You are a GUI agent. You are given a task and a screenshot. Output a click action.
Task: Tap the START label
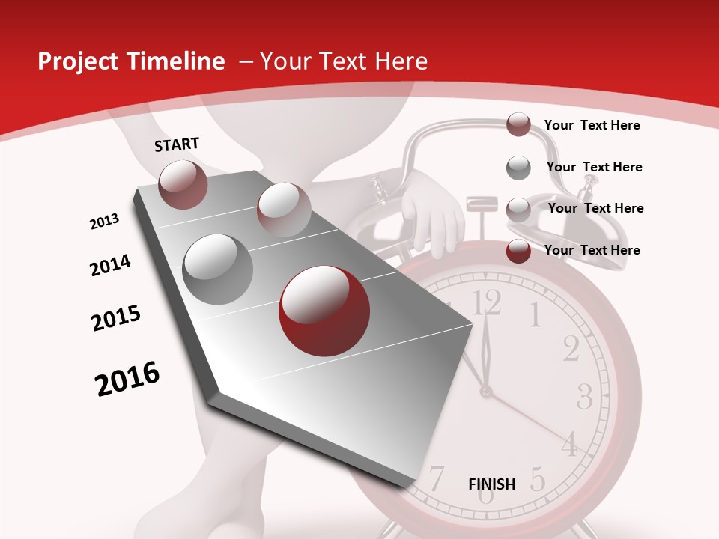coord(177,144)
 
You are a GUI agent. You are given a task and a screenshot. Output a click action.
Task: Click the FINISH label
coord(492,484)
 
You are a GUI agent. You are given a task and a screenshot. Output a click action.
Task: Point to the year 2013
coord(104,222)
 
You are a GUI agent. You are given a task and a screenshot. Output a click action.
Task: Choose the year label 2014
coord(110,266)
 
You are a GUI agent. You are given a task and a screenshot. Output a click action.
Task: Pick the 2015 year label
coord(116,318)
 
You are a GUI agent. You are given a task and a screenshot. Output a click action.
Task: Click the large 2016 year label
coord(127,379)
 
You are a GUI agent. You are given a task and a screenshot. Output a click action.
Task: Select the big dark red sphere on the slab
coord(324,310)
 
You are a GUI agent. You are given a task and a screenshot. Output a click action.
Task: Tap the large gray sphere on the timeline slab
coord(218,269)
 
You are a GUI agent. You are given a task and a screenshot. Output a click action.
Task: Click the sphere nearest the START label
coord(183,184)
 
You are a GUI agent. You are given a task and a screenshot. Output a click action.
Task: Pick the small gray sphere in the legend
coord(518,168)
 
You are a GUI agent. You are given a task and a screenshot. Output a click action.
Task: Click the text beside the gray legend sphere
coord(594,167)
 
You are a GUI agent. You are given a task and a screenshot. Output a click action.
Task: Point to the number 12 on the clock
coord(487,302)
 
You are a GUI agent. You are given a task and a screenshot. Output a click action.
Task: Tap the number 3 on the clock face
coord(585,395)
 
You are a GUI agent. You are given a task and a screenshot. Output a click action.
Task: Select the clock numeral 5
coord(537,478)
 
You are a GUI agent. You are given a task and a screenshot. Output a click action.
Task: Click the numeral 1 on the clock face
coord(535,315)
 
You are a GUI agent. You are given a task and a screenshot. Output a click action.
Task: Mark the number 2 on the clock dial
coord(571,349)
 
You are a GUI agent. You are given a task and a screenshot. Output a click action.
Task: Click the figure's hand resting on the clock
coord(433,217)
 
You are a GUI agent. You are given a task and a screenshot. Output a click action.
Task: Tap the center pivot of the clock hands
coord(486,390)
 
